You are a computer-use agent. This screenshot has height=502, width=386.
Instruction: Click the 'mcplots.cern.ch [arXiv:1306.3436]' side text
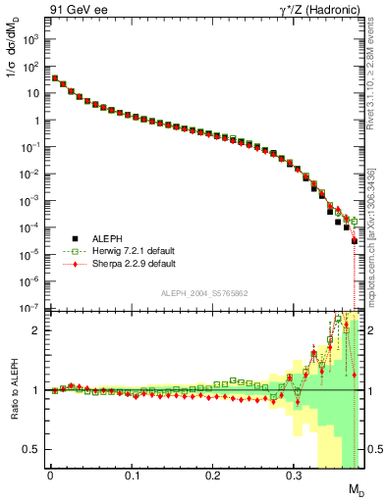pyautogui.click(x=376, y=235)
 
